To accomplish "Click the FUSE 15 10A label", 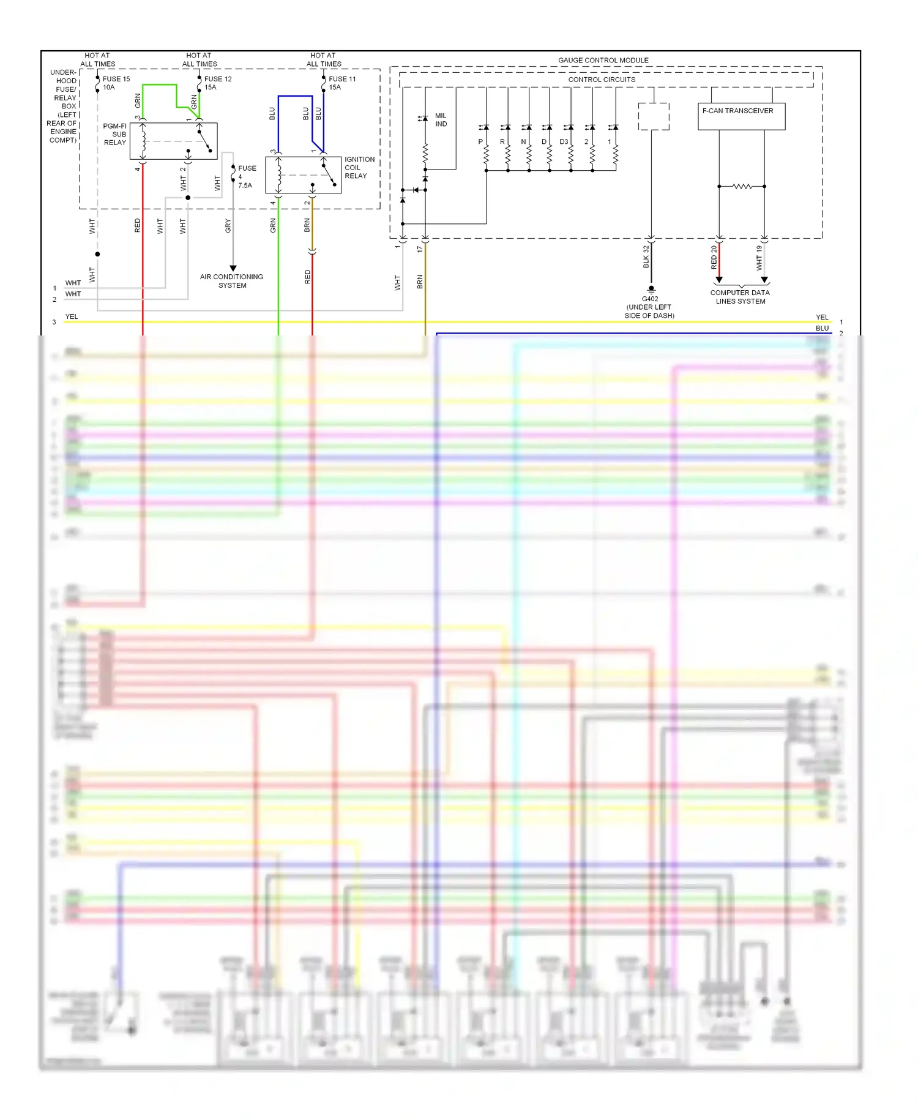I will tap(116, 83).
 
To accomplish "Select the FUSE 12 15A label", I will tap(217, 83).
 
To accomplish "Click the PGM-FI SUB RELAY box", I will tap(173, 141).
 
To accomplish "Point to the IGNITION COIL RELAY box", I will tap(303, 174).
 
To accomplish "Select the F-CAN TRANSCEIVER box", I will tap(741, 116).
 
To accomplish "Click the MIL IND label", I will tap(441, 120).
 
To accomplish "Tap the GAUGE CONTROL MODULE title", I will tap(603, 61).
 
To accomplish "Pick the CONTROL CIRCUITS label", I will tap(602, 80).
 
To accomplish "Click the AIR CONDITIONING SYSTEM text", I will tap(231, 281).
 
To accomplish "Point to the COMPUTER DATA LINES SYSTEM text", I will tap(740, 297).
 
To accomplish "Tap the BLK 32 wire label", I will tap(646, 257).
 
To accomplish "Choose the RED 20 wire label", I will tap(714, 258).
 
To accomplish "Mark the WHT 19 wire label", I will tap(759, 258).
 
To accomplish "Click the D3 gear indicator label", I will tap(564, 142).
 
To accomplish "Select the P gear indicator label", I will tap(480, 142).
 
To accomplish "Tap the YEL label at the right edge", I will tap(822, 317).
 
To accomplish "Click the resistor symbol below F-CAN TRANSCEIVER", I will tap(742, 186).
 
